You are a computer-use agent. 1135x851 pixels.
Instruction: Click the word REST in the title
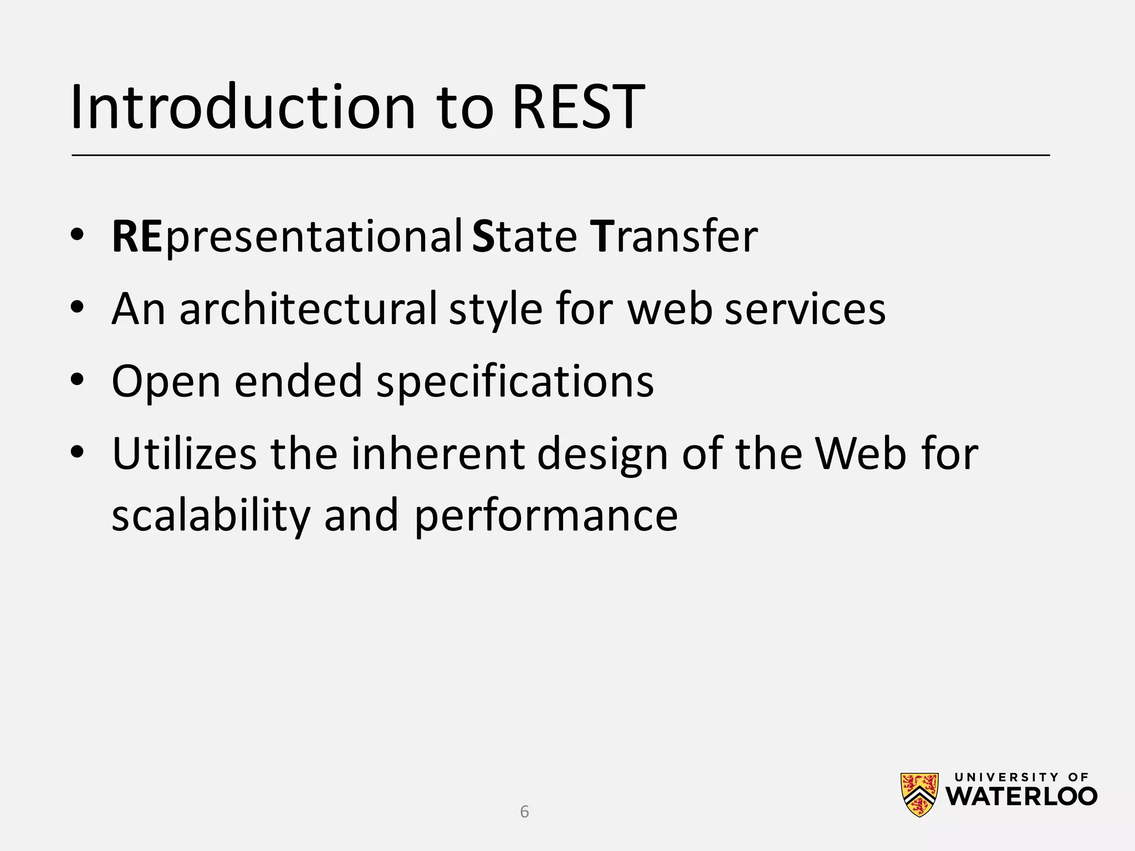click(578, 106)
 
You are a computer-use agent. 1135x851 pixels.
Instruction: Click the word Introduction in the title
click(243, 106)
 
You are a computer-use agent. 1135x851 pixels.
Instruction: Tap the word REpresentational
click(287, 237)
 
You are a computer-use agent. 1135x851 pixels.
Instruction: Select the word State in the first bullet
click(524, 237)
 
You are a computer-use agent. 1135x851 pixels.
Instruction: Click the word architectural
click(308, 309)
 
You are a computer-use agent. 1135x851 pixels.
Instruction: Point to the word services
click(805, 309)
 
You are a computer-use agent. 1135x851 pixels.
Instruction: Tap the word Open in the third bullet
click(166, 382)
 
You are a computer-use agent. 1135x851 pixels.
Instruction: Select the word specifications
click(515, 382)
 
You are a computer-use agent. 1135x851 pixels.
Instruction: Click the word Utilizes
click(184, 454)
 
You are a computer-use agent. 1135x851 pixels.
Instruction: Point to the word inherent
click(437, 454)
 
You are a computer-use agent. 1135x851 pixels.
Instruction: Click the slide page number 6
click(524, 812)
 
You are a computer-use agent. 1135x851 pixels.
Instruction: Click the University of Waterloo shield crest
click(919, 795)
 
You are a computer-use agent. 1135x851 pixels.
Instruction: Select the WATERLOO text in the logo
click(1021, 797)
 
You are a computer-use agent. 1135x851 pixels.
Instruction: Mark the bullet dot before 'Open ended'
click(77, 380)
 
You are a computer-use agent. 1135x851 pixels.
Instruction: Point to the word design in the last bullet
click(602, 454)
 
